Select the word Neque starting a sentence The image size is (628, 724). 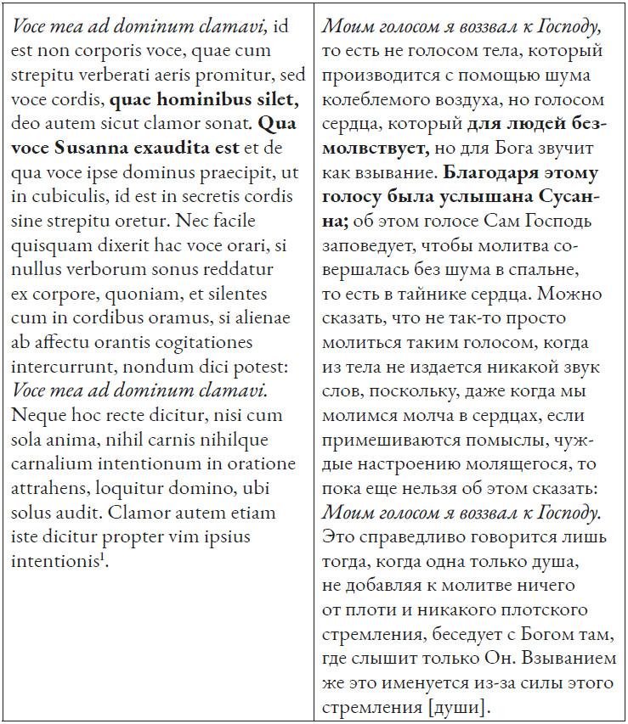coord(37,416)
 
